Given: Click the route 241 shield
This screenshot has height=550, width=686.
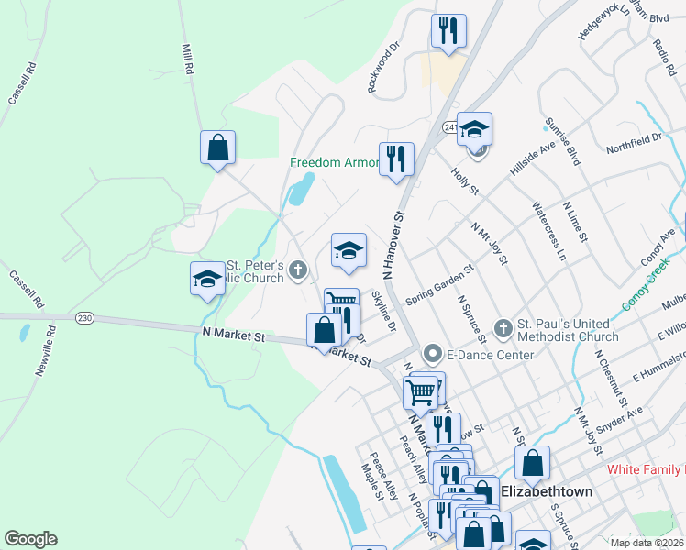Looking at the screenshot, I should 450,126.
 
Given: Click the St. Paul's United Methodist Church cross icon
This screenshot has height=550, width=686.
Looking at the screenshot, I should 503,327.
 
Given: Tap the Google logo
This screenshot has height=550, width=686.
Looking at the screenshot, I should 30,539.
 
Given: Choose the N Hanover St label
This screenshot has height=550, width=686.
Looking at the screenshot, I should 393,246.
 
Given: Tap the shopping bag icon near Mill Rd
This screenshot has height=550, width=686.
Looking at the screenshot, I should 218,148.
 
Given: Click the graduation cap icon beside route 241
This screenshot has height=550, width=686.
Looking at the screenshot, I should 475,129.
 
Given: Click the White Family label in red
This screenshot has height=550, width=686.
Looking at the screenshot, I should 647,469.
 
